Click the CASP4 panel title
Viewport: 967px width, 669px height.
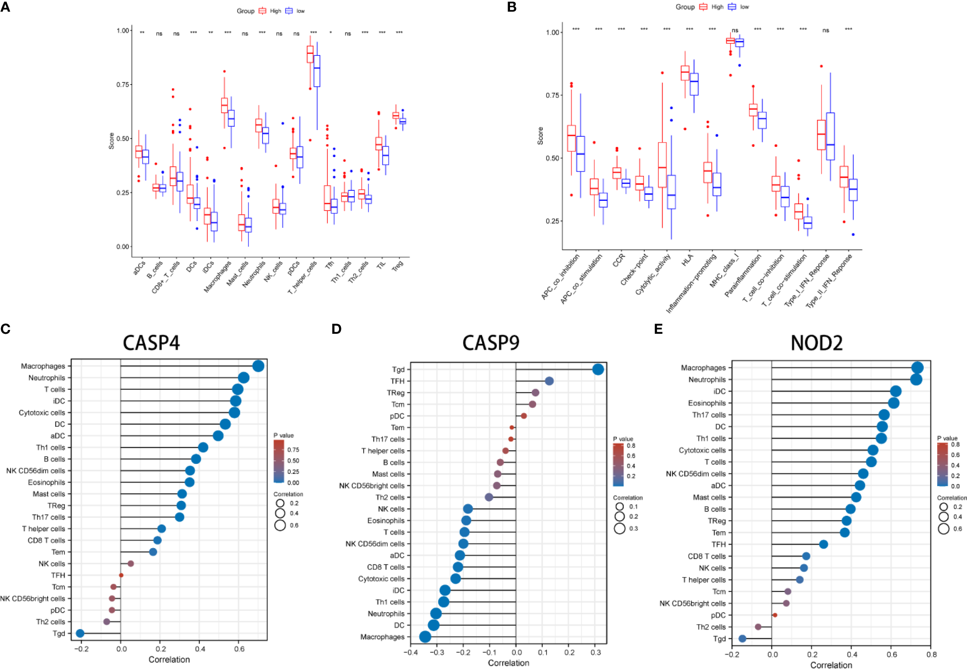click(x=151, y=343)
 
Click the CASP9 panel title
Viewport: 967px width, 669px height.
click(x=491, y=343)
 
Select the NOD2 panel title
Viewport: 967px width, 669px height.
click(x=816, y=343)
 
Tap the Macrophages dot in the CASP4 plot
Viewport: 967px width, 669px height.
click(x=258, y=366)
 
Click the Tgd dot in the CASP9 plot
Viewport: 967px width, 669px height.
click(x=598, y=369)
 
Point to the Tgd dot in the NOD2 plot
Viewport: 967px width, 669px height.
click(x=742, y=639)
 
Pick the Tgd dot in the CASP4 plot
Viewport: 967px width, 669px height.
click(x=80, y=633)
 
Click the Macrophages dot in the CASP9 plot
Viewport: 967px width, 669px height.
click(x=425, y=637)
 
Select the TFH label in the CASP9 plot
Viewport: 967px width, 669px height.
click(x=397, y=381)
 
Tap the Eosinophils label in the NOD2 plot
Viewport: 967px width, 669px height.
click(x=706, y=403)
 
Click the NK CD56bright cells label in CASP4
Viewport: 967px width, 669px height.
click(x=32, y=599)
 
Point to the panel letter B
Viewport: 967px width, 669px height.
click(x=511, y=7)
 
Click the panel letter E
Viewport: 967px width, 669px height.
click(x=658, y=329)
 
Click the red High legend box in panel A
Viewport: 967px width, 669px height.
click(x=262, y=11)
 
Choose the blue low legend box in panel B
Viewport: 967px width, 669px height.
click(x=732, y=7)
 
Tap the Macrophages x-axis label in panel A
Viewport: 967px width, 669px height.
click(x=218, y=276)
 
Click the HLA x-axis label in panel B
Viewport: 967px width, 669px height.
click(x=688, y=260)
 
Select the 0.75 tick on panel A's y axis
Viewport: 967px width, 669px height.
click(x=122, y=85)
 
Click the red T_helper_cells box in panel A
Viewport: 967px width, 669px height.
click(x=310, y=54)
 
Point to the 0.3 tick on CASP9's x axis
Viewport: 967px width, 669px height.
click(x=596, y=653)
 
